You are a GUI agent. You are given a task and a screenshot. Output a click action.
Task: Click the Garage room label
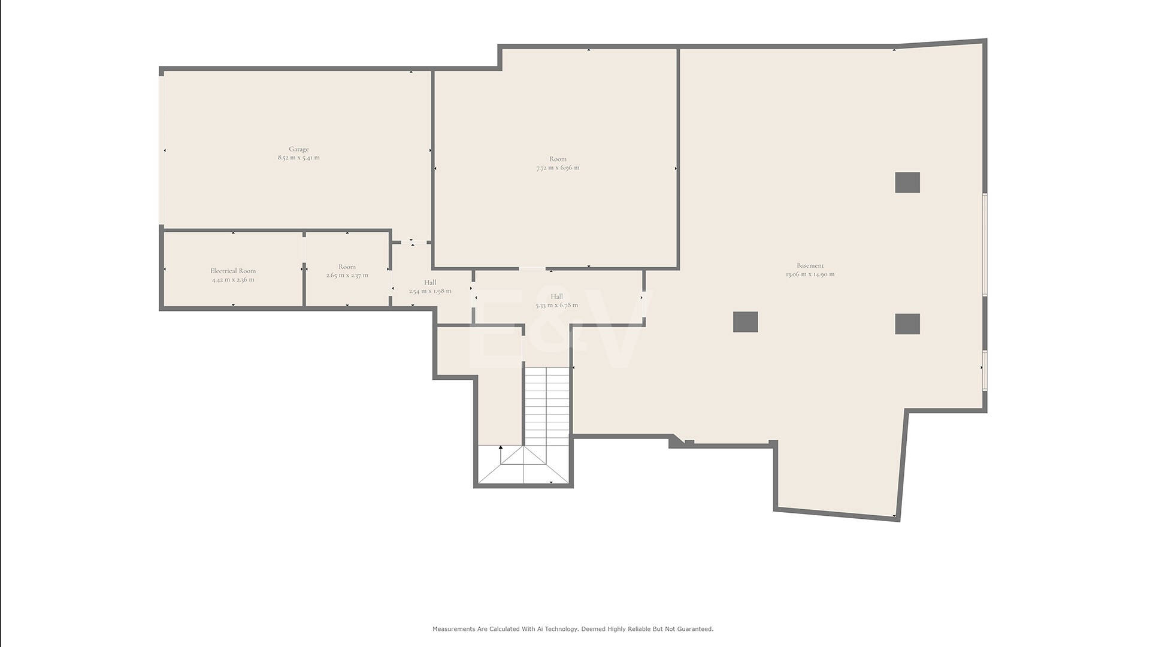299,149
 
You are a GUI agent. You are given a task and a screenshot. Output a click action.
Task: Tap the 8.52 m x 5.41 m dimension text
299,158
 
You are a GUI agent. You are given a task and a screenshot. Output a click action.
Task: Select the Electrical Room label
233,271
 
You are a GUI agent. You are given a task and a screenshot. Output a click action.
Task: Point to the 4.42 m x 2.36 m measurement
233,279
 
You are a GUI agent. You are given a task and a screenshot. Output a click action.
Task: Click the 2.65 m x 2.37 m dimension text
347,275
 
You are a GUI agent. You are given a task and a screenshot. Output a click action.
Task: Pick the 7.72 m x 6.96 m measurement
558,168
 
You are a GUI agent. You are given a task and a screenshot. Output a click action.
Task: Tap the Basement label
810,265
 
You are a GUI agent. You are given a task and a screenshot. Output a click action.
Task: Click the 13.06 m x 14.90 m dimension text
810,274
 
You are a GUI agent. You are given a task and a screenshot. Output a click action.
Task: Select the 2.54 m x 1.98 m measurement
430,291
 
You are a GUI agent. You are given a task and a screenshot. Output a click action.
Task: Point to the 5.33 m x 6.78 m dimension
557,305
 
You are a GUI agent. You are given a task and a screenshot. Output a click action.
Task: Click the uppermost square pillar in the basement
907,183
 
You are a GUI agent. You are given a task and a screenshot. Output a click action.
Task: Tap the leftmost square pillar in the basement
746,322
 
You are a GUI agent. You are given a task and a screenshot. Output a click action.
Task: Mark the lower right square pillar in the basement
907,324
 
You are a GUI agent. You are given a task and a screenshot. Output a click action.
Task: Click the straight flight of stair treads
547,406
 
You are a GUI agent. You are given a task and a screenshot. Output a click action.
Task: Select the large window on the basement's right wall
985,244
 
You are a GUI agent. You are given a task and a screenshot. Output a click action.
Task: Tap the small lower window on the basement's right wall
985,370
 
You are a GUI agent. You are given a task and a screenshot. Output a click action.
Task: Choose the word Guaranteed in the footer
695,629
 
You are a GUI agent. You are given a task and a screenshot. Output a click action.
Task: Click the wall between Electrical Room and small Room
304,270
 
